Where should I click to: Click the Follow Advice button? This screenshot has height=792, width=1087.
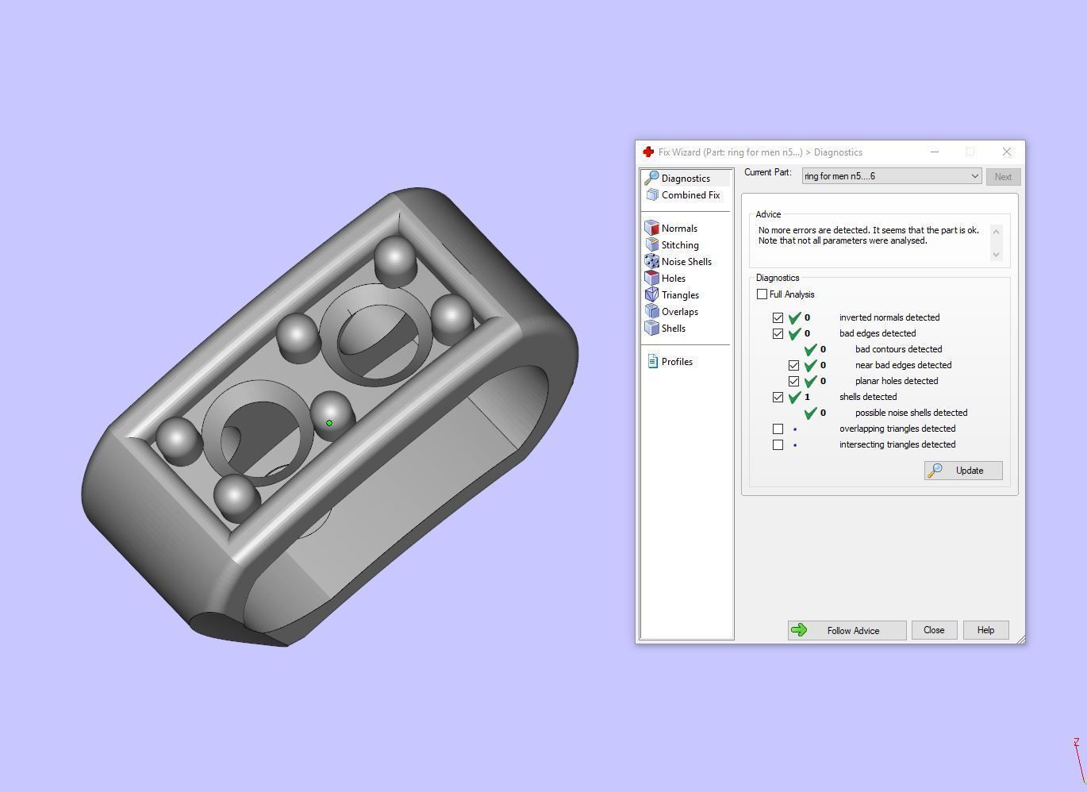[847, 630]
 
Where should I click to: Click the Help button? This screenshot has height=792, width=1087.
[985, 630]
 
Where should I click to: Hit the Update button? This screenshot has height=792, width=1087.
[963, 471]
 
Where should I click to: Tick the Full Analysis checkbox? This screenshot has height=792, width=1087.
[762, 294]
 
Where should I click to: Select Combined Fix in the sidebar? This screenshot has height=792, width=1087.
[690, 195]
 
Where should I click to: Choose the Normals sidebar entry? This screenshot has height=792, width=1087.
[679, 229]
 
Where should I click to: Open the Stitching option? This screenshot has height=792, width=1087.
[680, 245]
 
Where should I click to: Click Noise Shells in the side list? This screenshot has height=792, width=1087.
[686, 262]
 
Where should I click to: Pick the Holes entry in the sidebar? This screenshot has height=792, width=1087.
[673, 279]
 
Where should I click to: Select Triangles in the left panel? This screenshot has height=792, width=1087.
[680, 295]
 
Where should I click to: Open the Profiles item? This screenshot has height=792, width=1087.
[677, 362]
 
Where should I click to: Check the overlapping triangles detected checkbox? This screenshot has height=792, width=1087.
[778, 429]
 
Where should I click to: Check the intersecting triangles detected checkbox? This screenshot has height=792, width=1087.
[778, 444]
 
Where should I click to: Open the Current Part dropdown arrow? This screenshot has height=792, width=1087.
[974, 176]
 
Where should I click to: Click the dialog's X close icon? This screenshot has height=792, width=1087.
[1007, 152]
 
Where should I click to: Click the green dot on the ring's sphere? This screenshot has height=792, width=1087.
[329, 423]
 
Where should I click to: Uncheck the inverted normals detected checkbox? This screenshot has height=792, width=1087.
[778, 317]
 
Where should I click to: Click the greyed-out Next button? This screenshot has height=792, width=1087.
[1003, 177]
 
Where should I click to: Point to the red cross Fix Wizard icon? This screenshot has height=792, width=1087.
[648, 152]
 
